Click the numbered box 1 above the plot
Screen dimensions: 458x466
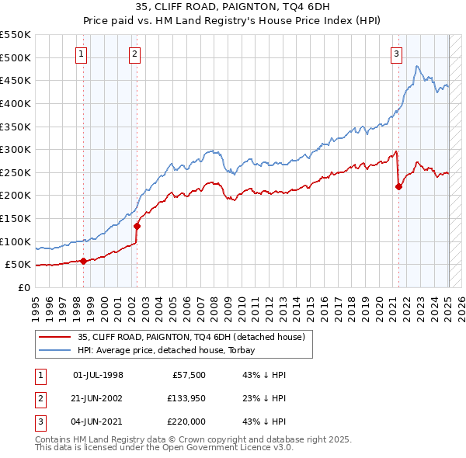point(82,54)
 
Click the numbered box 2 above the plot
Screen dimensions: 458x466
point(134,54)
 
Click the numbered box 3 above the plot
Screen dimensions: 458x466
point(396,54)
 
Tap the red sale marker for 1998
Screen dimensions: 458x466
point(83,261)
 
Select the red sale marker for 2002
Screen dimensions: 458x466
point(137,226)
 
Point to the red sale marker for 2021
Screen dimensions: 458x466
point(398,186)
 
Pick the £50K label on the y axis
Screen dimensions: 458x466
point(19,265)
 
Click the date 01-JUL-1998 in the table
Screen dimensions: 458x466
point(98,375)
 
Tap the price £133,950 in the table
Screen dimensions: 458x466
point(184,398)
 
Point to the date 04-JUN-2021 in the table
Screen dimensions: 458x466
point(98,422)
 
